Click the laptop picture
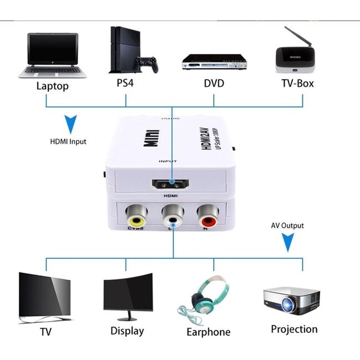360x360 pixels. point(50,55)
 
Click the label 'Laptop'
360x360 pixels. point(52,86)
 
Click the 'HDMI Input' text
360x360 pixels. point(68,142)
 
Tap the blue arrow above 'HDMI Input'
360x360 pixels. point(70,124)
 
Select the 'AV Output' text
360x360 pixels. point(287,226)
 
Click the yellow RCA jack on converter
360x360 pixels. point(136,213)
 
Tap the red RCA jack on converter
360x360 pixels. point(205,213)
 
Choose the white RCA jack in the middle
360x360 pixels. point(171,213)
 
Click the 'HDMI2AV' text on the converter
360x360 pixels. point(198,133)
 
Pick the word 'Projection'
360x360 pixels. point(294,329)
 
